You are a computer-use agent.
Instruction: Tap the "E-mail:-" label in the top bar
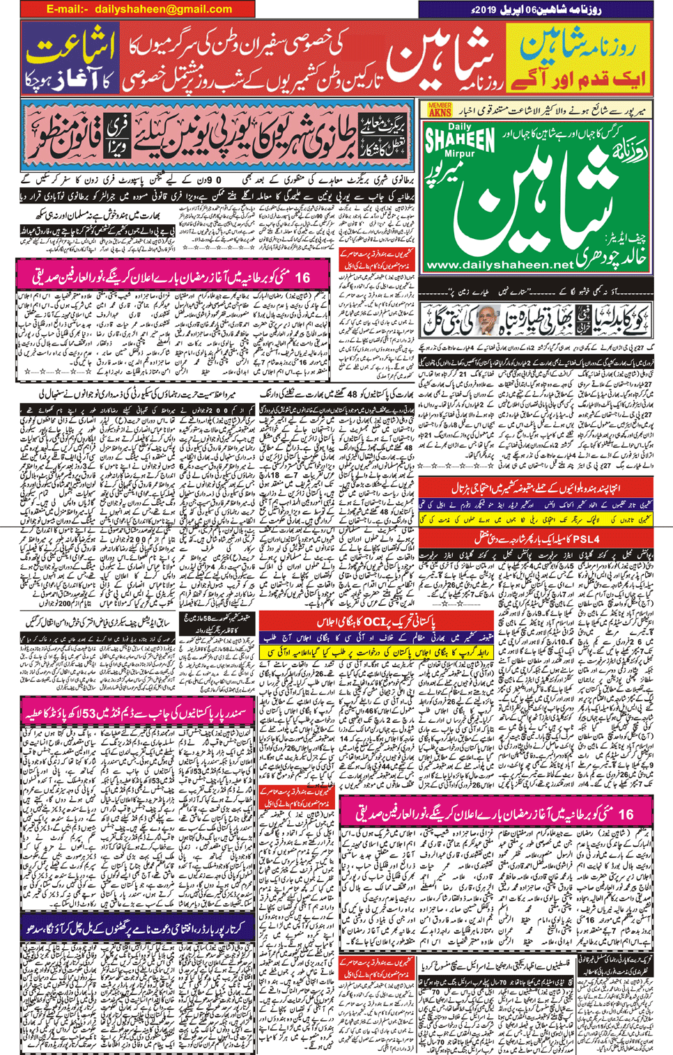coord(68,9)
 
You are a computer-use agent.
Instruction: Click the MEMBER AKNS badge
coord(440,109)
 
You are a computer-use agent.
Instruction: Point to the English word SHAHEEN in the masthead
coord(460,140)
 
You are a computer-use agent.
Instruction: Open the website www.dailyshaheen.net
coord(499,265)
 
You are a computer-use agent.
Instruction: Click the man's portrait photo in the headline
coord(486,320)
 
